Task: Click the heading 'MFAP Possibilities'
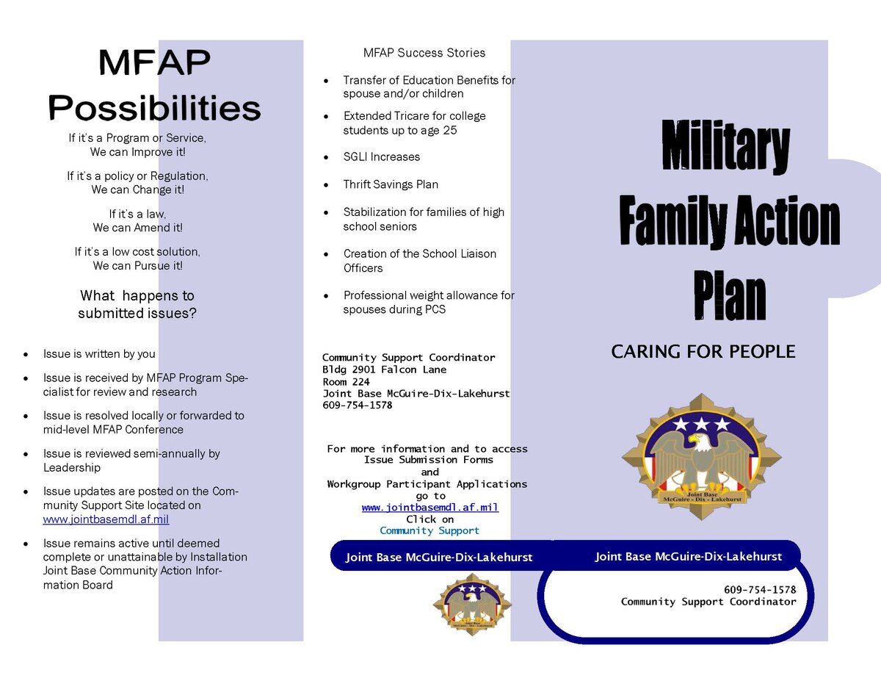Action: tap(154, 86)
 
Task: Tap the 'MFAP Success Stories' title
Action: tap(424, 53)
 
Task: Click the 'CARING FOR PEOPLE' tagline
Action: tap(703, 352)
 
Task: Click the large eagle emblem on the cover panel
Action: tap(701, 456)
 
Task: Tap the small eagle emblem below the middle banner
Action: tap(472, 603)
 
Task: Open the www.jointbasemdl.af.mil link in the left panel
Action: tap(106, 519)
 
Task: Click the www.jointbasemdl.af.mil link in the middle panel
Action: tap(429, 508)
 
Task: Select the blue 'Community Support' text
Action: tap(429, 530)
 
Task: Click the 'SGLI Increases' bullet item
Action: tap(381, 156)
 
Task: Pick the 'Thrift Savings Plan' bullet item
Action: tap(391, 184)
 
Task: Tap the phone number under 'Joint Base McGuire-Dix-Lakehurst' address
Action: tap(357, 406)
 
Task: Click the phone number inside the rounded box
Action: tap(759, 590)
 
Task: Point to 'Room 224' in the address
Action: tap(346, 382)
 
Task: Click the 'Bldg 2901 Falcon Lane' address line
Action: tap(384, 370)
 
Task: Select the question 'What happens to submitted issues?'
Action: tap(137, 304)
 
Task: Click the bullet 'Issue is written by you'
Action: tap(99, 354)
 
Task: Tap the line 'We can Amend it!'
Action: tap(137, 228)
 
